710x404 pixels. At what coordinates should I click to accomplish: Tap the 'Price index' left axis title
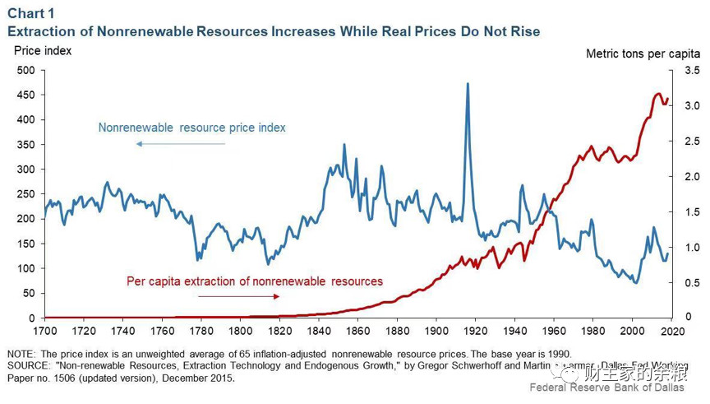point(43,51)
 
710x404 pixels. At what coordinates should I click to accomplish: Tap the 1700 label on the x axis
point(45,331)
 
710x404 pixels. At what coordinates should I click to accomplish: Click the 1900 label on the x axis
point(436,331)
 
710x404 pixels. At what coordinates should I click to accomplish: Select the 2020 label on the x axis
point(671,331)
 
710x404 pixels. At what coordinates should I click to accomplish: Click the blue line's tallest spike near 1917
point(468,84)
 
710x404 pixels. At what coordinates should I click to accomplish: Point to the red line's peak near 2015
point(658,94)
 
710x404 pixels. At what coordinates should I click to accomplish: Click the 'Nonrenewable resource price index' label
point(192,128)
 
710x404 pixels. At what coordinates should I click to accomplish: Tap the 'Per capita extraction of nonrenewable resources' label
point(255,281)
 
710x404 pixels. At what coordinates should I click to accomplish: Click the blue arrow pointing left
point(181,144)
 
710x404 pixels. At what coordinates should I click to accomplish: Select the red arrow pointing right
point(238,296)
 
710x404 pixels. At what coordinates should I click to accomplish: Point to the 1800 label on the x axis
point(241,331)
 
